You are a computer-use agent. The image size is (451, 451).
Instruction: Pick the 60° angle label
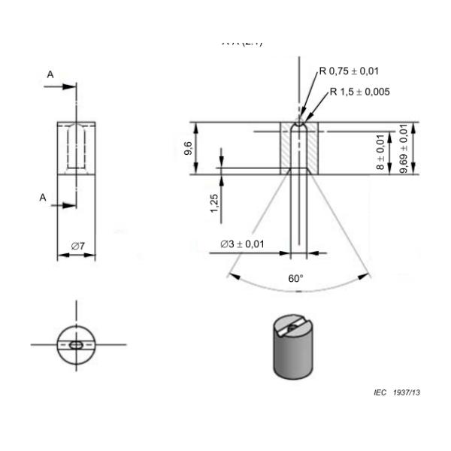pyautogui.click(x=296, y=278)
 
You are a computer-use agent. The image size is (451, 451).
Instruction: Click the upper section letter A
pyautogui.click(x=50, y=76)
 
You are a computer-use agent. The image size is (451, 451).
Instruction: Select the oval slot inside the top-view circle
pyautogui.click(x=76, y=345)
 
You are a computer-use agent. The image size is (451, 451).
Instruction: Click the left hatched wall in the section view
pyautogui.click(x=286, y=149)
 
